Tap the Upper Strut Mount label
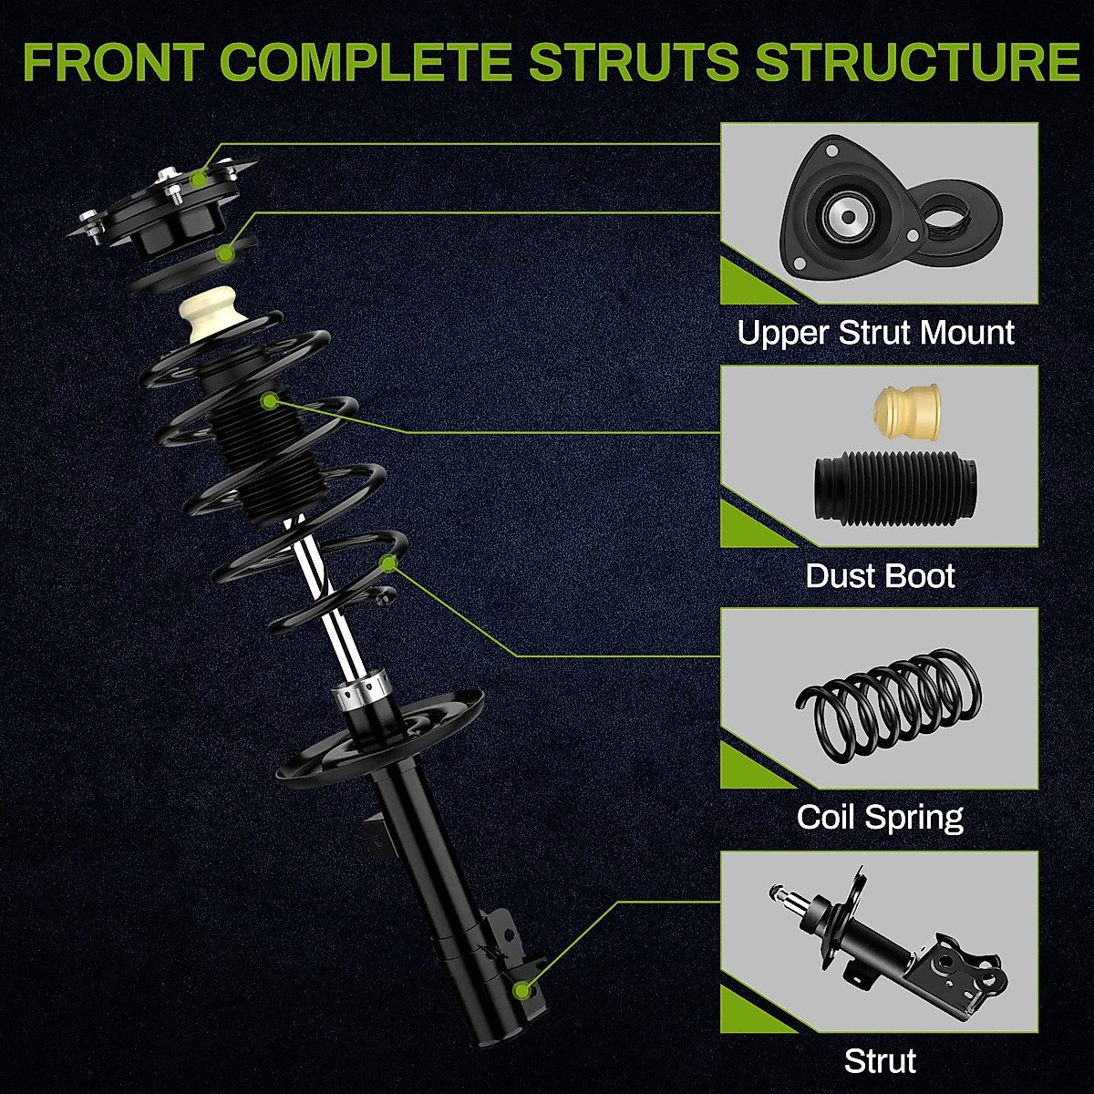pos(875,333)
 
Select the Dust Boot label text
pos(880,576)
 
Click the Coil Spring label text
pos(880,817)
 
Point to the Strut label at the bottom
pos(880,1061)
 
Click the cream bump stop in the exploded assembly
pos(211,318)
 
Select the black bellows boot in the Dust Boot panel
pos(893,487)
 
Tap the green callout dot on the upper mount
pos(198,180)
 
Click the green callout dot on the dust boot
pos(269,400)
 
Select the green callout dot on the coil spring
pos(389,563)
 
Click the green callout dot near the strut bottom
pos(522,989)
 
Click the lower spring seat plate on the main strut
pos(383,738)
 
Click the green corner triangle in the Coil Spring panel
pos(743,770)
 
